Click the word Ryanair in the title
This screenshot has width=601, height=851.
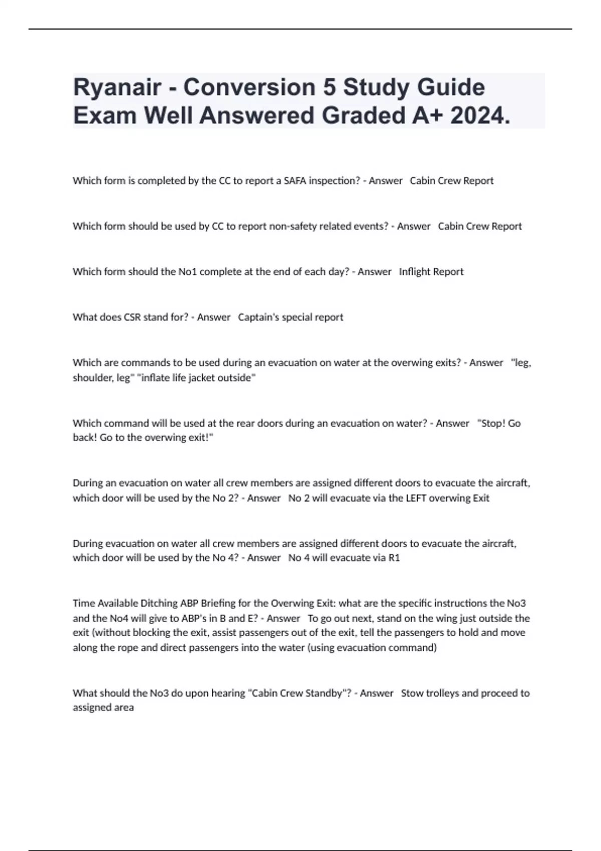click(117, 88)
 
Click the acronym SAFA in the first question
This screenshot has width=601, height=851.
click(295, 181)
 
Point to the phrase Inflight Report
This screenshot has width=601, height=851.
click(431, 272)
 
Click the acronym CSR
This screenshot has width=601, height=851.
click(132, 317)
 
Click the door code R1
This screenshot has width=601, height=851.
click(394, 558)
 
